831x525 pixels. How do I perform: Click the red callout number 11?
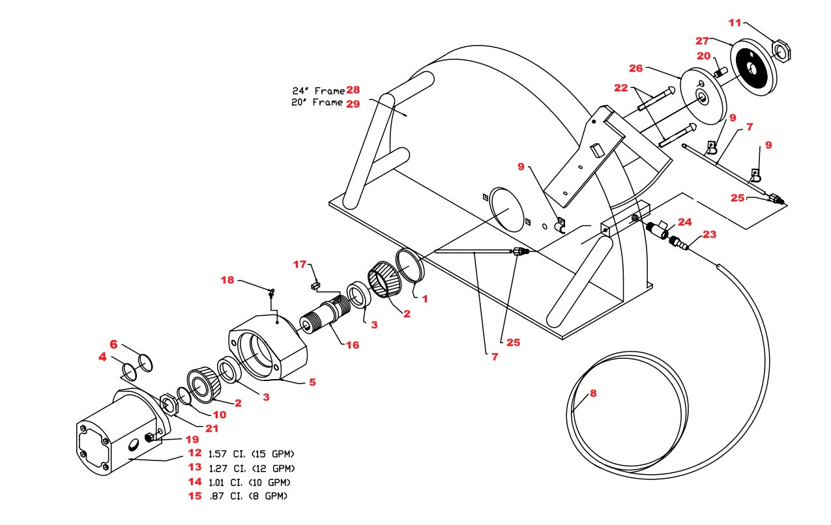tap(735, 23)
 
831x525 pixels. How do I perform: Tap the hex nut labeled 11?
tap(780, 50)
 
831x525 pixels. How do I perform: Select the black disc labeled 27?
tap(748, 68)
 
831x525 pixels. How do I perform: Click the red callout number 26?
tap(636, 68)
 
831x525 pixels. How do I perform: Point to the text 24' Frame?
tap(318, 91)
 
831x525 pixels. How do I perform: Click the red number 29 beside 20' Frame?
tap(353, 103)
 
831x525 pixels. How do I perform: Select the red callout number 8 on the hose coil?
tap(592, 393)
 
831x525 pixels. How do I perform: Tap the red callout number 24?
tap(684, 222)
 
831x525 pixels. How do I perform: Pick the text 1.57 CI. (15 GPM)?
tap(252, 453)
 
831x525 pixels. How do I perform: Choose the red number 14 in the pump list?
tap(195, 482)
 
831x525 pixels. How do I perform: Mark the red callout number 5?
tap(312, 382)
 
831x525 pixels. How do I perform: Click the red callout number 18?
tap(227, 280)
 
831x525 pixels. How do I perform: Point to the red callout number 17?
tap(299, 264)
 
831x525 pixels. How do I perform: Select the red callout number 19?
tap(192, 439)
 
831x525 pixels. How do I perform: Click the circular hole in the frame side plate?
tap(507, 209)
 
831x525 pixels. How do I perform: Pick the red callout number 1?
tap(424, 299)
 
